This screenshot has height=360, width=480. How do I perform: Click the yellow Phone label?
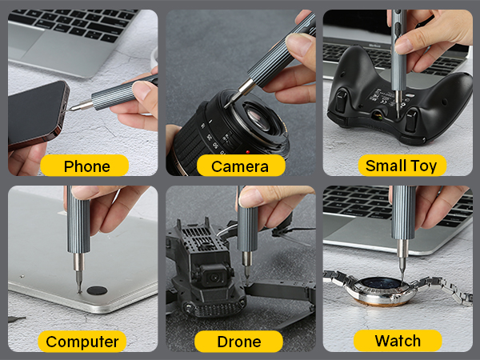tap(86, 166)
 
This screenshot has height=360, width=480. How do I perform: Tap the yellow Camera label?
tap(239, 166)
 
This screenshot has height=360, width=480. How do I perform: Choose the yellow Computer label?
tap(82, 341)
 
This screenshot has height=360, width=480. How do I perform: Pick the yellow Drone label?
tap(239, 341)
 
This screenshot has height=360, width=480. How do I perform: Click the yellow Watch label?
tap(398, 340)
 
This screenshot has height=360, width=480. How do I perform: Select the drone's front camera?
tap(214, 275)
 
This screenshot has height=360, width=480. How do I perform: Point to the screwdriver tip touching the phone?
tap(74, 106)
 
